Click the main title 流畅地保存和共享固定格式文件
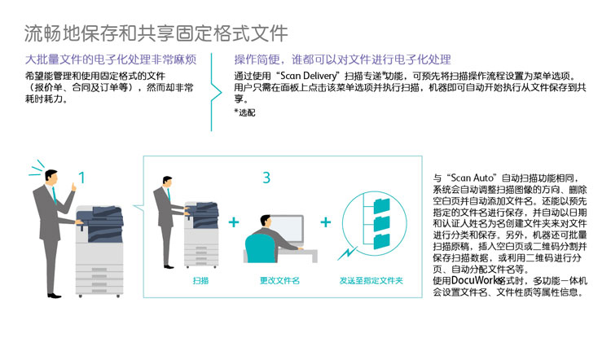coord(156,33)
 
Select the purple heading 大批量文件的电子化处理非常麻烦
coord(111,59)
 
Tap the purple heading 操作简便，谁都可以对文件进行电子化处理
coord(342,59)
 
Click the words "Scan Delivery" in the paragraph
coord(308,76)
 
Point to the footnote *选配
coord(244,112)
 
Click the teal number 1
coord(81,178)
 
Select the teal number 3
coord(266,178)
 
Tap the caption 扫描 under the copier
coord(200,280)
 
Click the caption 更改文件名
coord(279,280)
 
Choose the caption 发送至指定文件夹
coord(371,280)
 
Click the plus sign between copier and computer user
coord(234,222)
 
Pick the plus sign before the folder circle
coord(326,222)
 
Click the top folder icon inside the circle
coord(381,205)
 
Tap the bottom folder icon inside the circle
coord(381,241)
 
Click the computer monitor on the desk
coord(288,229)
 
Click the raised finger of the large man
coord(73,187)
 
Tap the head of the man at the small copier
coord(168,182)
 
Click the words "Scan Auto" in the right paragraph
coord(473,178)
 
